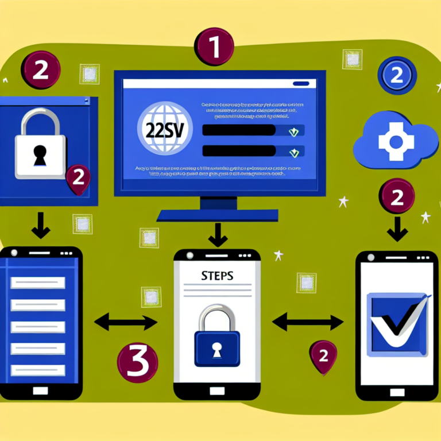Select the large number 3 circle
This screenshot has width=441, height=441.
[137, 363]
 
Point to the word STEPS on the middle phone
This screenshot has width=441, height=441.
[218, 276]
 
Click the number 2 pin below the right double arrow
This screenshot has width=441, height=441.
[323, 356]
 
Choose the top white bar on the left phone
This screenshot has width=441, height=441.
[38, 283]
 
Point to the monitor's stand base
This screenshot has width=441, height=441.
[217, 215]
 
